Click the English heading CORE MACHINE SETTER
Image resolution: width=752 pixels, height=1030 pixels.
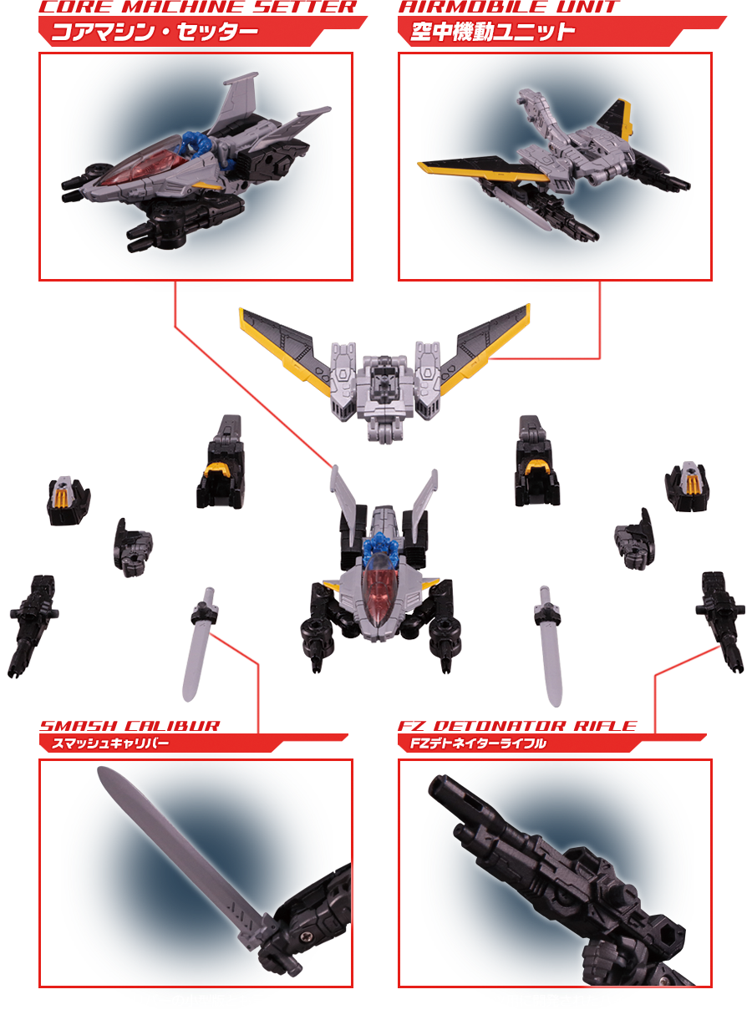click(198, 7)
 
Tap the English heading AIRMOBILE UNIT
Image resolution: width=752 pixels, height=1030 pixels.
click(509, 7)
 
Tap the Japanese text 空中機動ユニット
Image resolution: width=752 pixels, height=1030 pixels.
click(493, 33)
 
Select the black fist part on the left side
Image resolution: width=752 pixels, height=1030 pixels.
click(133, 548)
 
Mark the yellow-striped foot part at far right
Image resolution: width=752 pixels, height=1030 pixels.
click(687, 486)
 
